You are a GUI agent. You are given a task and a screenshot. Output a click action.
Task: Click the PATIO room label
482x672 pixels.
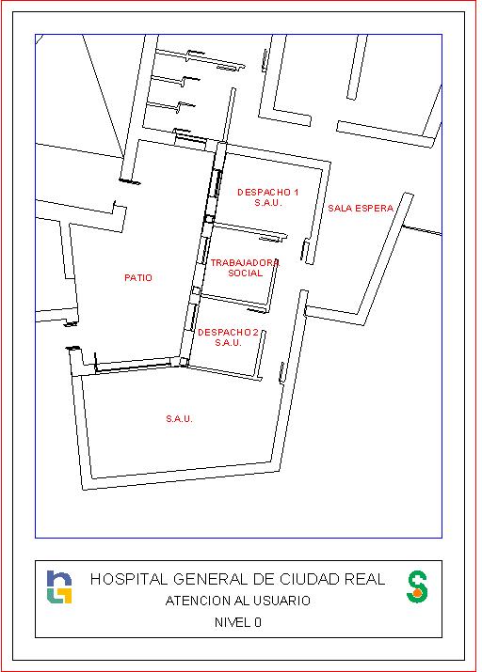[x=138, y=277]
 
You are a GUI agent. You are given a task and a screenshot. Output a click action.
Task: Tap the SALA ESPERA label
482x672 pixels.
[x=361, y=209]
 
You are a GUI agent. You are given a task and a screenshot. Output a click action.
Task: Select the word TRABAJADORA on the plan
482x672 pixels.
[x=245, y=263]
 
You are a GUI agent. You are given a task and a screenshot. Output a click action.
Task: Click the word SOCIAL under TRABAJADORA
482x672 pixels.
[x=245, y=273]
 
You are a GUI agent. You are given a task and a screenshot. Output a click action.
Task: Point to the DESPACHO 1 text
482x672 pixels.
[x=267, y=193]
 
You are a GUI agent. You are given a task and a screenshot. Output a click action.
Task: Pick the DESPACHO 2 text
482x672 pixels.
[x=228, y=332]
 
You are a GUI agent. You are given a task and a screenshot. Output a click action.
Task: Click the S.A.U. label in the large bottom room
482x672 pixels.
[x=180, y=419]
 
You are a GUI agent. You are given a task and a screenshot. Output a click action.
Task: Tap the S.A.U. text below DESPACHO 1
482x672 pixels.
[x=268, y=203]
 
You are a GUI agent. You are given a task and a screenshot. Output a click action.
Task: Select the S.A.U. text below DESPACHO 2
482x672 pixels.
[x=229, y=342]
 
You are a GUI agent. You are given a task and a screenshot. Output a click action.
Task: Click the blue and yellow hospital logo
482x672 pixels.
[x=59, y=586]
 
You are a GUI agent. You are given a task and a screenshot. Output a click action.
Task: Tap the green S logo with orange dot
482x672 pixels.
[x=417, y=586]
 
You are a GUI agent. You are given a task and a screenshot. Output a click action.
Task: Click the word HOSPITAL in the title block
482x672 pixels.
[x=129, y=580]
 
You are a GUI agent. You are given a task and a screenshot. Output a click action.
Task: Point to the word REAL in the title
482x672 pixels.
[x=365, y=580]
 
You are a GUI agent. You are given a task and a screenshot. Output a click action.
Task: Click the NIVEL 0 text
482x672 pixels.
[x=238, y=622]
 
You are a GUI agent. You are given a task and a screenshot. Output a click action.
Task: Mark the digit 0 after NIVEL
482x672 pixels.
[x=258, y=622]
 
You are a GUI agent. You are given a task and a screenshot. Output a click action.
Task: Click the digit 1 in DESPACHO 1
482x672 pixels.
[x=297, y=193]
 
